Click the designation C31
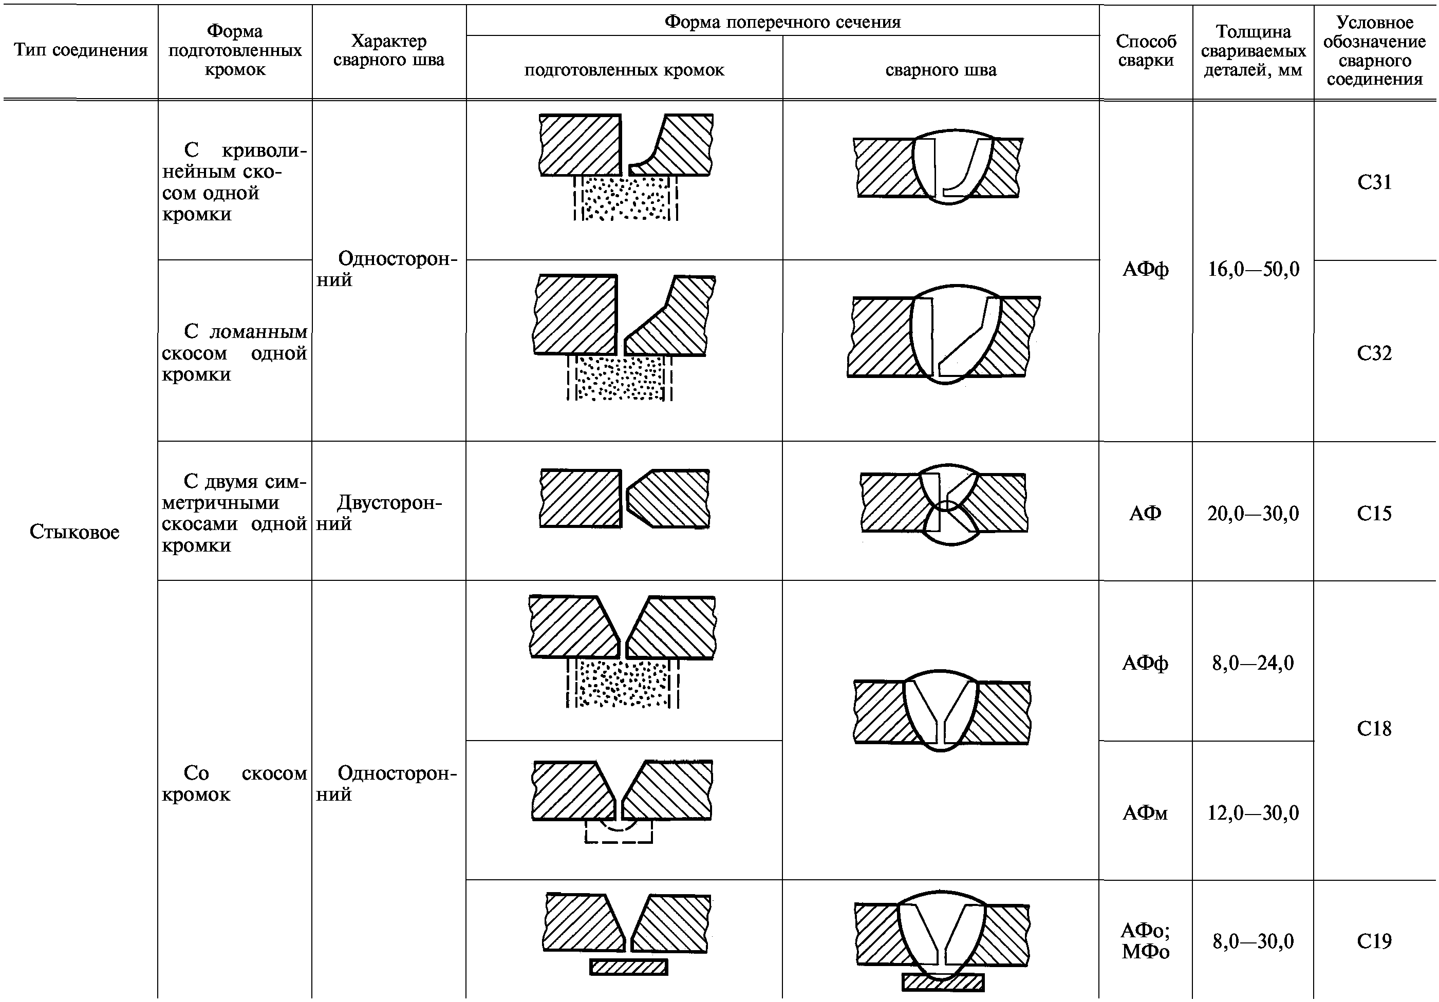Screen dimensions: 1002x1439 click(x=1374, y=182)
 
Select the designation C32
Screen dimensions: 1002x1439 click(x=1374, y=353)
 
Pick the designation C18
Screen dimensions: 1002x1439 click(x=1374, y=729)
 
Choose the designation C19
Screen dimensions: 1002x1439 click(x=1374, y=941)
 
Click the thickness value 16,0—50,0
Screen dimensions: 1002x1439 click(x=1254, y=270)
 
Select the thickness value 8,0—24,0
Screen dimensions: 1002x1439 click(x=1254, y=663)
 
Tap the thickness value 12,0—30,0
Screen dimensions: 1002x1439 click(x=1254, y=813)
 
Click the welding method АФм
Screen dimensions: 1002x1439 click(x=1145, y=813)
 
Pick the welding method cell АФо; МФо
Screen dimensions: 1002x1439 click(x=1146, y=941)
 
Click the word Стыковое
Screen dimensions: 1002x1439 click(x=74, y=532)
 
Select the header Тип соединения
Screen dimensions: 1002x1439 click(x=81, y=50)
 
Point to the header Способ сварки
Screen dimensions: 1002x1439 click(x=1146, y=51)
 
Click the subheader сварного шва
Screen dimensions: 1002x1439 click(x=941, y=70)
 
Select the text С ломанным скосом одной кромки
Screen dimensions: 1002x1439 click(x=234, y=353)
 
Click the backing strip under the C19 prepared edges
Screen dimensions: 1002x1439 click(x=629, y=967)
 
